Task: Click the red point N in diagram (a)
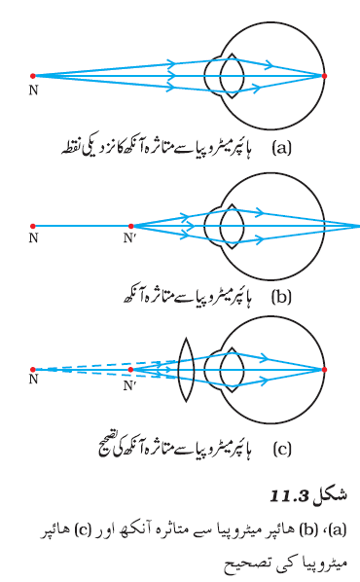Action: coord(33,76)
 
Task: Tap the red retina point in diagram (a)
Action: coord(324,76)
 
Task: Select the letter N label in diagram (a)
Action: coord(33,91)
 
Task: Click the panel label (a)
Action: coord(282,148)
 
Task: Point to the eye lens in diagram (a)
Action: coord(232,76)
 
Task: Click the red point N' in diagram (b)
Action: coord(130,226)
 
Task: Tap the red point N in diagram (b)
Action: coord(33,226)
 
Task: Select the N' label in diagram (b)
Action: coord(129,237)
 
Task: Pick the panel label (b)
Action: coord(282,297)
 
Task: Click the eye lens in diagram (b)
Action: coord(232,227)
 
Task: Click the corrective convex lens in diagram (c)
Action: coord(186,370)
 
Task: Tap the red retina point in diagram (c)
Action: coord(324,370)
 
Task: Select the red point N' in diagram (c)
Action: coord(130,370)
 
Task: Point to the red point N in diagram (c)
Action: coord(33,370)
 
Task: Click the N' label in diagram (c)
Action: coord(129,385)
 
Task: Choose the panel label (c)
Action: coord(282,450)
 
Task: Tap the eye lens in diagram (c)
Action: coord(232,370)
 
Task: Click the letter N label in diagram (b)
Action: coord(33,237)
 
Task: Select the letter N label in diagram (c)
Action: coord(33,379)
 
